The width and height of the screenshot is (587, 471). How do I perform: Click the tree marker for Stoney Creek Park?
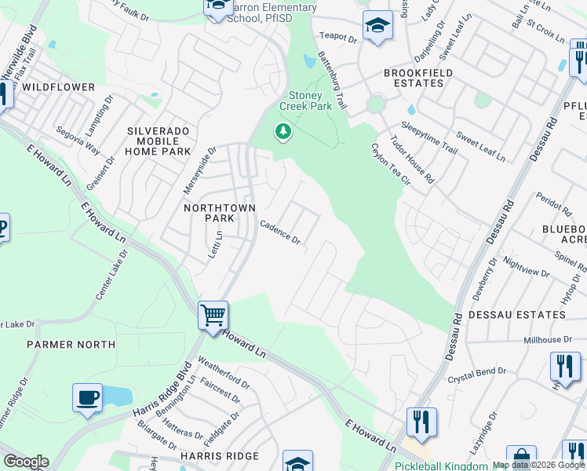point(283,132)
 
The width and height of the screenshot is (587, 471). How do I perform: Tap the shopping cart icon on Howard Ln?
point(213,316)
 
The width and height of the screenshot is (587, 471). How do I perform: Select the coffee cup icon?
point(87,397)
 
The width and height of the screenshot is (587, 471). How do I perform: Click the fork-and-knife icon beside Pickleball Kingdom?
point(421,422)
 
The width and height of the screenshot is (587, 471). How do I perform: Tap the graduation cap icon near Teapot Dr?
point(377,25)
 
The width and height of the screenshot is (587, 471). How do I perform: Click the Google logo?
point(26,462)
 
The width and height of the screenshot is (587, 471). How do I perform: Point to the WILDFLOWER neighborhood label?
point(58,87)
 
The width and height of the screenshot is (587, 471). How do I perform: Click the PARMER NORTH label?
point(71,345)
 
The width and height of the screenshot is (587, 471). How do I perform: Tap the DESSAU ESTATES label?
point(516,315)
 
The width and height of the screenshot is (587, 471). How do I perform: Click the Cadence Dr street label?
point(280,232)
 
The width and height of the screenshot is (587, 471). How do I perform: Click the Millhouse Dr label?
point(554,340)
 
